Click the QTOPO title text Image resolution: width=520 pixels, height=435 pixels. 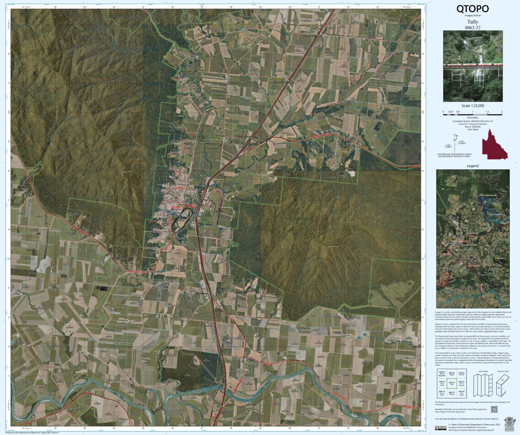(473, 9)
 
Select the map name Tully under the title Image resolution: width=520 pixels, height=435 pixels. (473, 21)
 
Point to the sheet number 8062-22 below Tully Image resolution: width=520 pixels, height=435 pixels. (473, 27)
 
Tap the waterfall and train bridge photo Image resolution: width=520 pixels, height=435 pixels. (473, 66)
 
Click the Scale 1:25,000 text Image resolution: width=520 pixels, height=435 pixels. (473, 105)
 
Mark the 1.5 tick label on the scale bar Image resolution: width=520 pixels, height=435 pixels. (487, 111)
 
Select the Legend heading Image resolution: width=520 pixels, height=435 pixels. (473, 166)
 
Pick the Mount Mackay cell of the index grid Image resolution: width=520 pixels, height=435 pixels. (441, 373)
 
